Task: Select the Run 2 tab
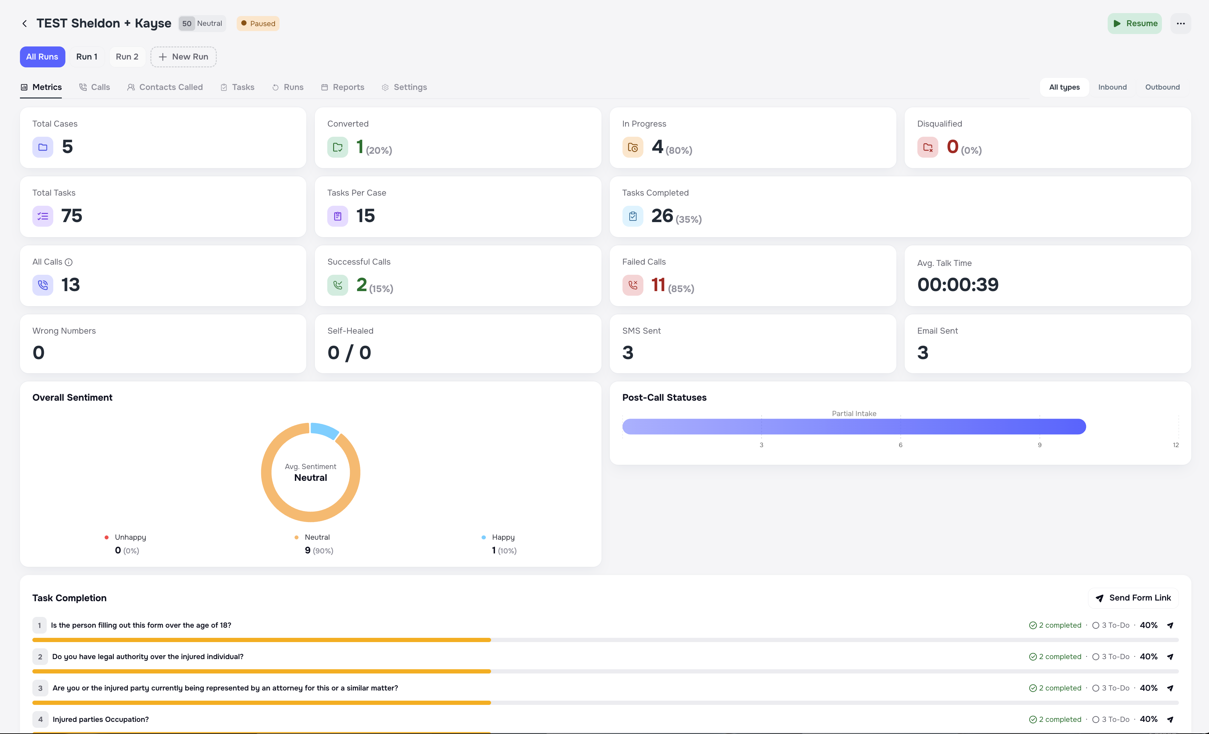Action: tap(127, 57)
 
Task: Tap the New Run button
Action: tap(183, 57)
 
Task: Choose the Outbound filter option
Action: tap(1162, 87)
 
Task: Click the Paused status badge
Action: tap(258, 24)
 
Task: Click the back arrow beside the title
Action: tap(25, 24)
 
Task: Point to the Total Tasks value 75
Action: tap(72, 216)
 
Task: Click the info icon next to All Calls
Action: tap(69, 262)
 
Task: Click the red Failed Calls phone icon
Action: tap(633, 285)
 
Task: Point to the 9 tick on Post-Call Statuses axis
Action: tap(1039, 445)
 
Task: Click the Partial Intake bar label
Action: tap(854, 414)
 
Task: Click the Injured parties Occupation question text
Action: tap(101, 719)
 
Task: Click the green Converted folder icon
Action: tap(338, 147)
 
